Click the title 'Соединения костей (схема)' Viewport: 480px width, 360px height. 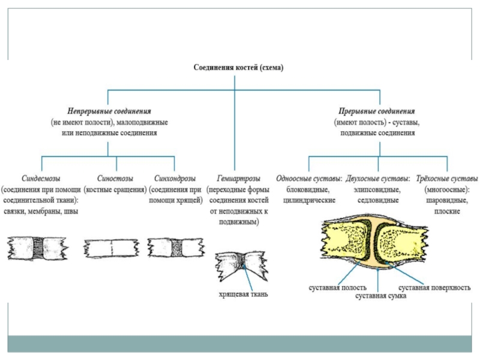click(238, 67)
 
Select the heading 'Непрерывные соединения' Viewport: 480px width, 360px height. click(109, 111)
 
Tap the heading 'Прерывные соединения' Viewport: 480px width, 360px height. click(377, 111)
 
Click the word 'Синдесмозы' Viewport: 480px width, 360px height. click(41, 178)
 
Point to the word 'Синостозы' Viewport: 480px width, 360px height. click(115, 178)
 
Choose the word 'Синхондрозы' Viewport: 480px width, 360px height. click(175, 178)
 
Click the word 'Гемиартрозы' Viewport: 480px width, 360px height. click(239, 178)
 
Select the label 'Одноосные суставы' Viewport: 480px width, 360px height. click(308, 178)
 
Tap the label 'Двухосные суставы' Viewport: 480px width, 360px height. click(377, 178)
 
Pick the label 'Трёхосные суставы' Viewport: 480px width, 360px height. click(447, 178)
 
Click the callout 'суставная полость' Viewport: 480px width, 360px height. click(338, 288)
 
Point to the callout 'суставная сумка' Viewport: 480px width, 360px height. click(381, 296)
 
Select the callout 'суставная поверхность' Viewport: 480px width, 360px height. click(434, 288)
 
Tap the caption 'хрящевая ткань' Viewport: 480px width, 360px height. click(244, 294)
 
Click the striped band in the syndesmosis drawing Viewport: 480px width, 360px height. click(38, 248)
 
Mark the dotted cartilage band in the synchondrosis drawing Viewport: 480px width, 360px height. click(176, 248)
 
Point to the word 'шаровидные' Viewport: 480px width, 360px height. click(447, 200)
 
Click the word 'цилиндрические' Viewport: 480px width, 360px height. click(309, 200)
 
